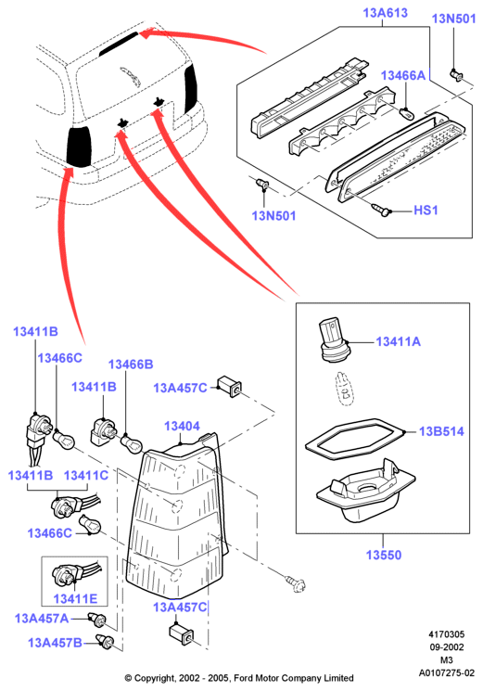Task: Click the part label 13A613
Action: tap(386, 13)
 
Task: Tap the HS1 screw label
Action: tap(426, 211)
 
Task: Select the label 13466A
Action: tap(403, 75)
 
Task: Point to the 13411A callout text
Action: tap(398, 341)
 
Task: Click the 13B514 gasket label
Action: tap(441, 431)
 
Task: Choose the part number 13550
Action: tap(384, 555)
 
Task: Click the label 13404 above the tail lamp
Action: tap(182, 426)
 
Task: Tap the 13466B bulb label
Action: tap(131, 365)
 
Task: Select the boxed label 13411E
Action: tap(75, 599)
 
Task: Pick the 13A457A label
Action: tap(42, 619)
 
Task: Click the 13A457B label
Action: tap(55, 643)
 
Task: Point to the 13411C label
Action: tap(86, 476)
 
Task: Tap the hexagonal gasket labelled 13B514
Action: tap(354, 439)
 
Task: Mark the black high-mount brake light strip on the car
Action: tap(119, 45)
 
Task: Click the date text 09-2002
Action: tap(447, 646)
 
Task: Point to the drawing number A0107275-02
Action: tap(447, 673)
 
